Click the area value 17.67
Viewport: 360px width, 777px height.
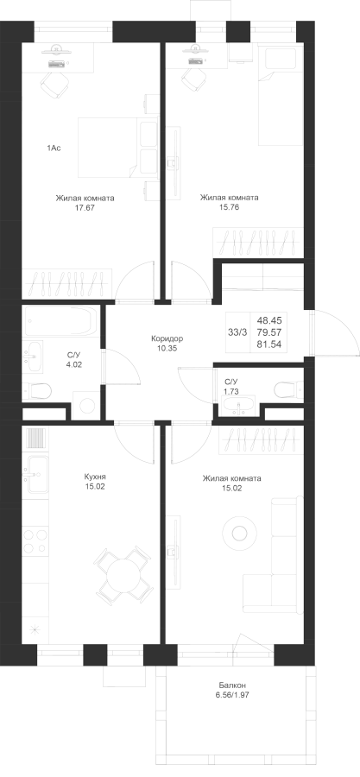tap(85, 208)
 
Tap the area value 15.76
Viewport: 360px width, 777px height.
tap(230, 207)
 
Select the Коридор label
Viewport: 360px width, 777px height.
tap(167, 339)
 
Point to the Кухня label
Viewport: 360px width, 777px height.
tap(95, 477)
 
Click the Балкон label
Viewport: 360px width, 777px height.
tap(233, 685)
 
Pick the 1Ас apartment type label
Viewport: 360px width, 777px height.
tap(54, 148)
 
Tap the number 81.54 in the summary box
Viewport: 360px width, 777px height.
tap(269, 344)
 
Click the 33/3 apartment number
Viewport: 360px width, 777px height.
tap(237, 332)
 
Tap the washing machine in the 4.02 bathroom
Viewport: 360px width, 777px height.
tap(86, 406)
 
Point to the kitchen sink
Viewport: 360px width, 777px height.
tap(38, 474)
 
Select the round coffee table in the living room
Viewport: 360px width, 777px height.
tap(240, 534)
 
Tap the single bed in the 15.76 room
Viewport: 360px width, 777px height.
tap(281, 94)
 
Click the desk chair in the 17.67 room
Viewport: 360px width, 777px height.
tap(54, 85)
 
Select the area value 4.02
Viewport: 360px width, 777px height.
tap(74, 364)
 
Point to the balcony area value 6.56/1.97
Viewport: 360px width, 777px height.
tap(233, 695)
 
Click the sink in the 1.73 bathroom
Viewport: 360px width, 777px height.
tap(239, 407)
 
